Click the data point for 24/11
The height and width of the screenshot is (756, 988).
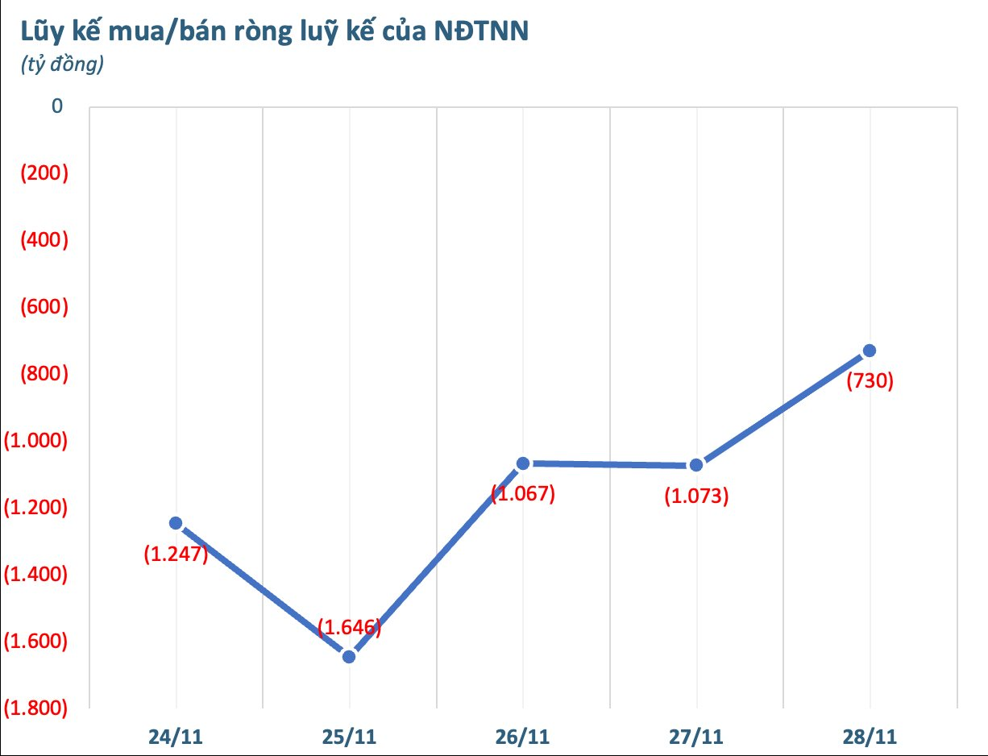(175, 523)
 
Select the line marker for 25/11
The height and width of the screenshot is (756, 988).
(349, 656)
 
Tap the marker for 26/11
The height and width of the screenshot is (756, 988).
(523, 463)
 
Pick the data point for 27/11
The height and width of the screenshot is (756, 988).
(696, 465)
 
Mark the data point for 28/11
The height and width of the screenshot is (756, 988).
(870, 351)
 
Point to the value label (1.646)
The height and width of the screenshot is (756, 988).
(349, 627)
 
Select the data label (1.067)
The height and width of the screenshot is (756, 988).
(523, 493)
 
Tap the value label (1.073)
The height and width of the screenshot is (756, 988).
(696, 496)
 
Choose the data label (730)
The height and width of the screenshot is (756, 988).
(870, 380)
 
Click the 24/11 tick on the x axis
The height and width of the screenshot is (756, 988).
(175, 737)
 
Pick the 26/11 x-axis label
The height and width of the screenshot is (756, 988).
(523, 737)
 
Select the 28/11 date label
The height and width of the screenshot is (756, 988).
(870, 737)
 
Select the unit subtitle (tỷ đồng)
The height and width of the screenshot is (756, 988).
(61, 65)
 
